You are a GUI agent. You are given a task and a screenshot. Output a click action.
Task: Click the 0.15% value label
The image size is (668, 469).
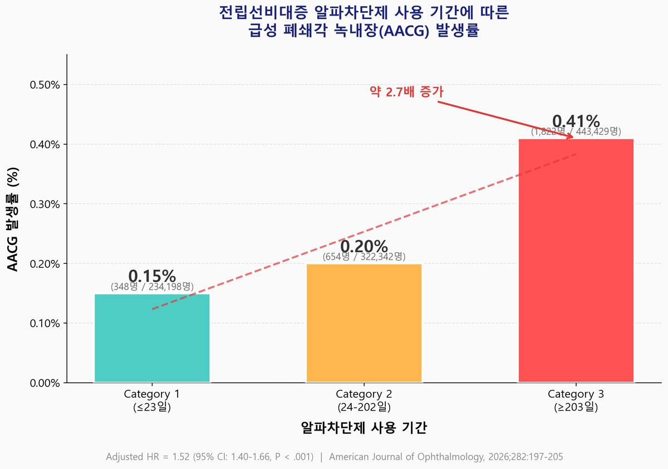coord(152,276)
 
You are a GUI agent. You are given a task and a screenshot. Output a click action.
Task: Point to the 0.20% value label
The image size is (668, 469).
coord(364,246)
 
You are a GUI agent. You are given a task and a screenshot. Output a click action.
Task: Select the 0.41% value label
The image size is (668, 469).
coord(576,121)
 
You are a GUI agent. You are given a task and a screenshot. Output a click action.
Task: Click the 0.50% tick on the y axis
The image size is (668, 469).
coord(45,85)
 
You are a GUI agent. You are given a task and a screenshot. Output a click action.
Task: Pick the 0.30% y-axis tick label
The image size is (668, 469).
coord(45,204)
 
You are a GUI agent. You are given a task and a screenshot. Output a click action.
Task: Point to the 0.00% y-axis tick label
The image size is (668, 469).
coord(45,383)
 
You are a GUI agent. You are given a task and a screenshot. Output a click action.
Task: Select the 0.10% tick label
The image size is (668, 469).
coord(45,323)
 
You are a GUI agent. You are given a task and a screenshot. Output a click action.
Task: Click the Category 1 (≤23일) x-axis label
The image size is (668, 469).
coord(152,400)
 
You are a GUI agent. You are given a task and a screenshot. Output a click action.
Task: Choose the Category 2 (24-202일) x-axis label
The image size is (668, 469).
coord(364,400)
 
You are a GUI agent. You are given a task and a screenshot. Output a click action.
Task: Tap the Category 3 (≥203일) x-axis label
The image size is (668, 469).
coord(576,400)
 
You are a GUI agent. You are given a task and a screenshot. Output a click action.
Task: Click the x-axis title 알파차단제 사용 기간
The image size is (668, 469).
coord(364,428)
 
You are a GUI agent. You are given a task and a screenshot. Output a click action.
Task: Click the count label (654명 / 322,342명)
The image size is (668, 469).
coord(364,257)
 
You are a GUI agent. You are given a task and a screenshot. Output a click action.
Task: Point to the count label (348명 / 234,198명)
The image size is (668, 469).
coord(152,287)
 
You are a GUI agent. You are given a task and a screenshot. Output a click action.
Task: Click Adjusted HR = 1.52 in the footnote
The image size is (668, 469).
coord(147,457)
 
